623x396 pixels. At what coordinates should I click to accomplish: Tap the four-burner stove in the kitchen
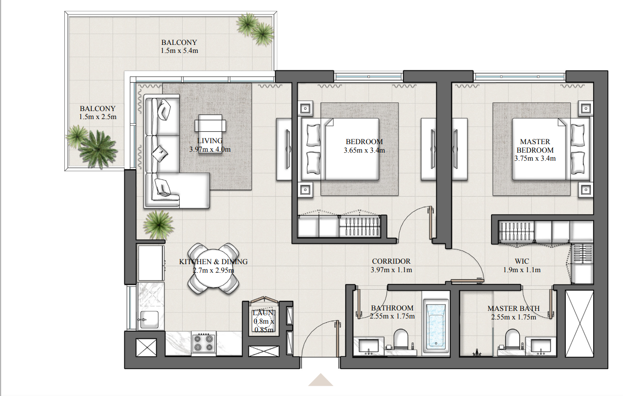(203, 343)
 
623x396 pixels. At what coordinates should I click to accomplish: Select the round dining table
(213, 268)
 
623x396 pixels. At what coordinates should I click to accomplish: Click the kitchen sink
(149, 320)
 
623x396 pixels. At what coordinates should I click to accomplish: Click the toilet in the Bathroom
(401, 339)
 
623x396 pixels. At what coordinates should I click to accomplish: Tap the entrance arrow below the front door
(321, 380)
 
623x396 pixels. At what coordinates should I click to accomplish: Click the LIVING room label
(210, 141)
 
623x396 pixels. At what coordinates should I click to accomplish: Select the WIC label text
(522, 261)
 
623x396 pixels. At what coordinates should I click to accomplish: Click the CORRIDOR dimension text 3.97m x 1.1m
(391, 270)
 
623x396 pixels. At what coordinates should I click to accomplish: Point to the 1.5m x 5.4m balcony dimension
(179, 51)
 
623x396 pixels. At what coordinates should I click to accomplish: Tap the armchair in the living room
(210, 123)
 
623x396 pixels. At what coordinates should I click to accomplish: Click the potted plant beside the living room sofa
(158, 224)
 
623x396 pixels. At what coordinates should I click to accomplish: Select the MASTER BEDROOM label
(535, 146)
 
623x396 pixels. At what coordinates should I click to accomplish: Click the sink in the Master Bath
(541, 346)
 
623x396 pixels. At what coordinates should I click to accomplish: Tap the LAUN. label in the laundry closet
(263, 313)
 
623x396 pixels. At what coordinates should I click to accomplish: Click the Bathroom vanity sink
(369, 346)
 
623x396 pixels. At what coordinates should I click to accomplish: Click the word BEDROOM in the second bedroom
(364, 142)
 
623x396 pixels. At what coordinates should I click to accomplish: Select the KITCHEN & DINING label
(213, 262)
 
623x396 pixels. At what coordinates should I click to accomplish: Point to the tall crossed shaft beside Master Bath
(579, 324)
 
